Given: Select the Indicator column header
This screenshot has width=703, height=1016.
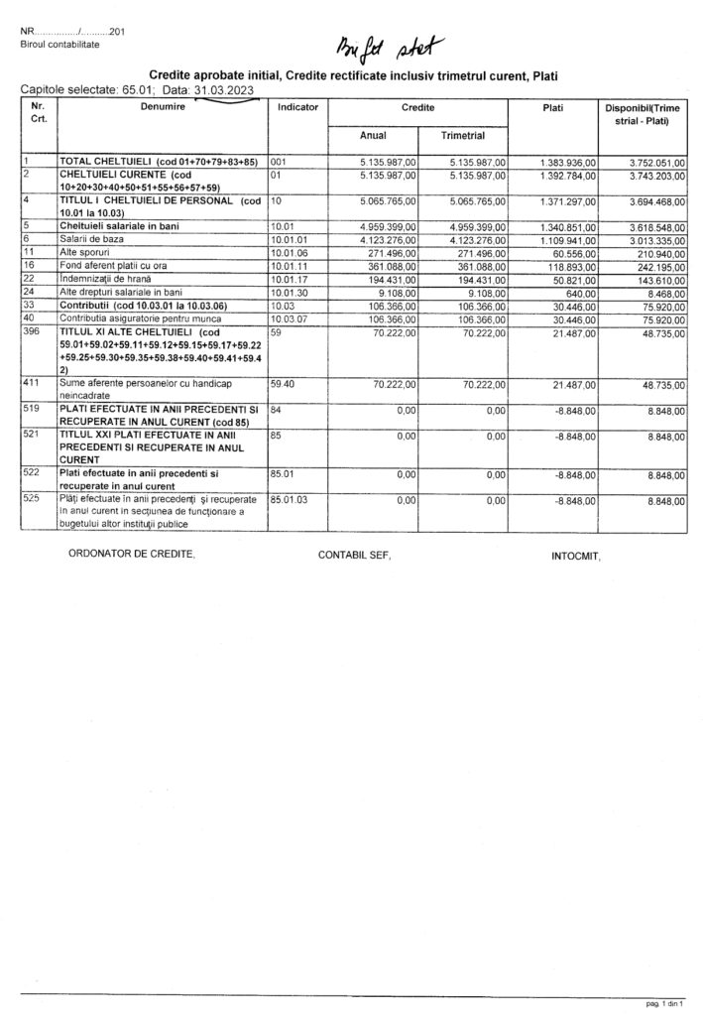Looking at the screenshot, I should click(298, 104).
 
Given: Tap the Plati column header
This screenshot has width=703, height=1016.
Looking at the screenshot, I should click(553, 104).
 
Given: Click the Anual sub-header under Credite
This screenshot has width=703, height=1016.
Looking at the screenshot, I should click(374, 135).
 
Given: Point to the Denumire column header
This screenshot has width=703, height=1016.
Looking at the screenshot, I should click(163, 104).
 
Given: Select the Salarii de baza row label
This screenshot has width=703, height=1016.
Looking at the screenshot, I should click(92, 240).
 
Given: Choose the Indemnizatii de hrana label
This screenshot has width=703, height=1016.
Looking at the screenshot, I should click(100, 280).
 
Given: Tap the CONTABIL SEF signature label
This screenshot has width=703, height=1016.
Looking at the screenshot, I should click(354, 555).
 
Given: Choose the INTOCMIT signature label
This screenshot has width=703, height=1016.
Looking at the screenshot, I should click(576, 557).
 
